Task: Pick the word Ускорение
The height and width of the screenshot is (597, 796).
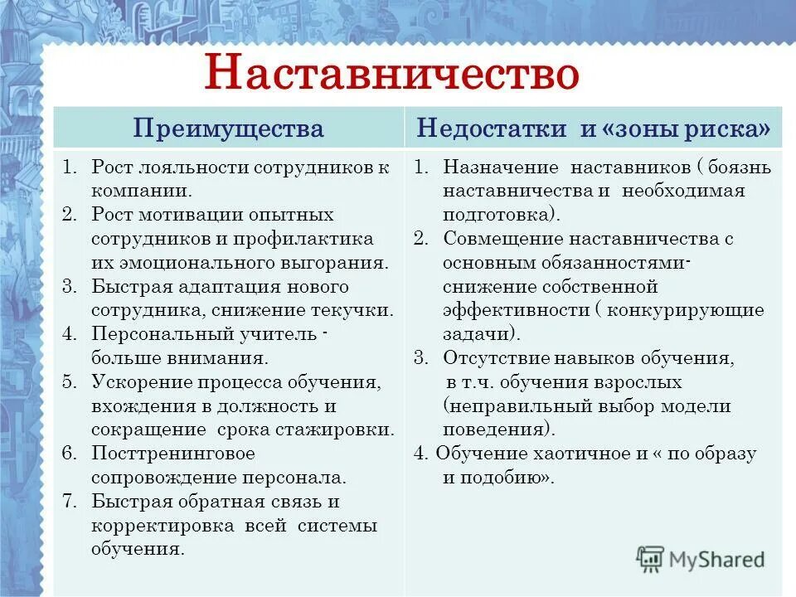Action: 142,382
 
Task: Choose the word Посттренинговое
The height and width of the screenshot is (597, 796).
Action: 173,454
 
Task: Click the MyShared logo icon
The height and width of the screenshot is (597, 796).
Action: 650,559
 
